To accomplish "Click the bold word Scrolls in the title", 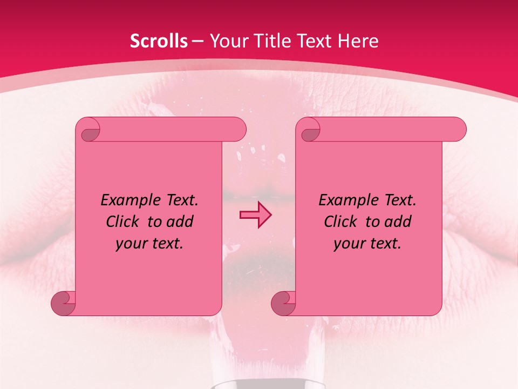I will [x=159, y=41].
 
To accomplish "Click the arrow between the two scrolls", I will [x=255, y=215].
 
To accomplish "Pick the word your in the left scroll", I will [x=129, y=244].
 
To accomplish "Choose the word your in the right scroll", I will [x=347, y=244].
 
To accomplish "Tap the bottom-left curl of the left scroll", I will [x=64, y=303].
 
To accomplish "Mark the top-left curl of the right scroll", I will [x=309, y=130].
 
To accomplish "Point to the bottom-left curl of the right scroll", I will [x=284, y=303].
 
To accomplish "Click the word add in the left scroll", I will [x=181, y=222].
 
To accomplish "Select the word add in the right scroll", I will [x=399, y=222].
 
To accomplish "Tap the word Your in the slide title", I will [x=227, y=41].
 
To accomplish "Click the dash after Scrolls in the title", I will [x=197, y=41].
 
